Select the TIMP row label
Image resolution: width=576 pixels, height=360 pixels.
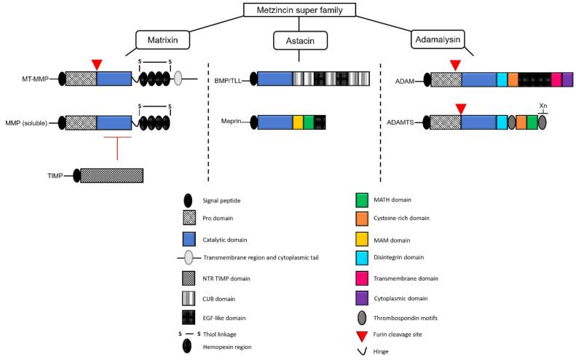click(54, 176)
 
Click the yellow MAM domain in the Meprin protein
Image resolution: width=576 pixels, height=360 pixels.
click(297, 122)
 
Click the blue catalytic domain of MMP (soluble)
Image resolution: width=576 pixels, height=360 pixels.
click(113, 122)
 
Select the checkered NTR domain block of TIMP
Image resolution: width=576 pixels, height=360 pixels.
click(111, 176)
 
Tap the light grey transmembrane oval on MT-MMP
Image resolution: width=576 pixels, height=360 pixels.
click(178, 79)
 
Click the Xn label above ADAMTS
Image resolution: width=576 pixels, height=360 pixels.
click(543, 106)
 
